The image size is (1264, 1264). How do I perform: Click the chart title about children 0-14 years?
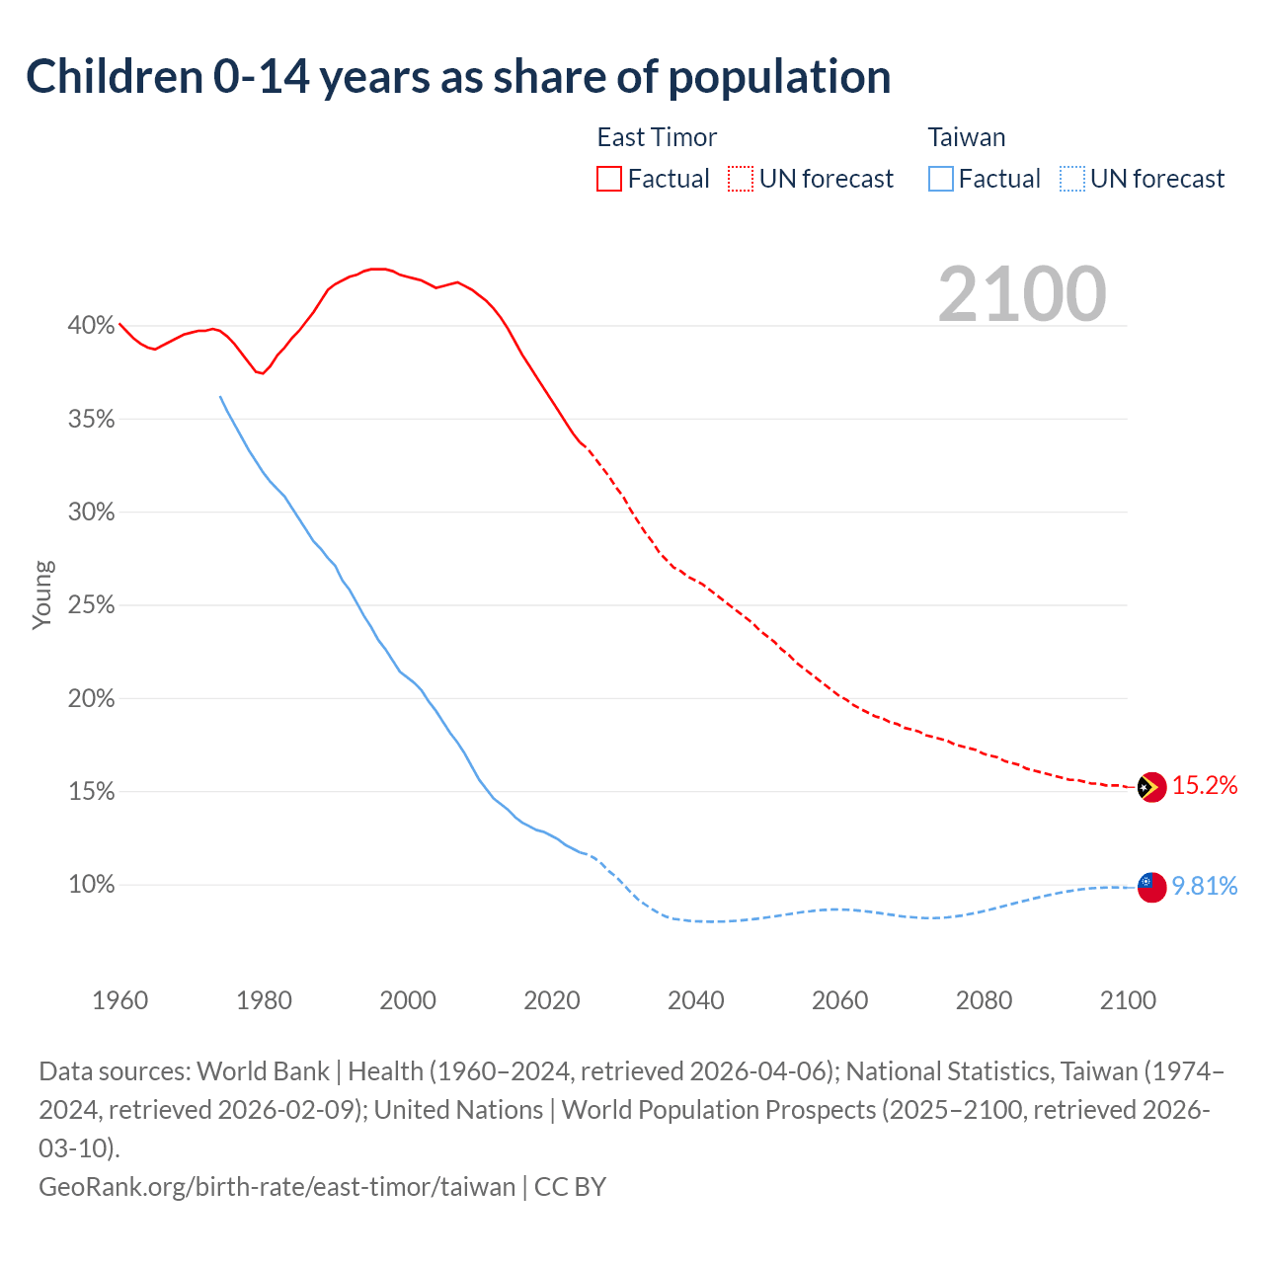point(458,77)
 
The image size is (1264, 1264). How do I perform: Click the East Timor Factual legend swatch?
point(609,179)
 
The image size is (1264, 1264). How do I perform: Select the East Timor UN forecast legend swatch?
point(741,179)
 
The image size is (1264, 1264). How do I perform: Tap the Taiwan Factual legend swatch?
point(941,179)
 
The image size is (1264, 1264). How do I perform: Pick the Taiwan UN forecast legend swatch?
point(1071,179)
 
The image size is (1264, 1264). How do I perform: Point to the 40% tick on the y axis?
point(91,325)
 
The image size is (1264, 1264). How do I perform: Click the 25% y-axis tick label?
point(91,604)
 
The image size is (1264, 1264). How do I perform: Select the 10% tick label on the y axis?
point(91,884)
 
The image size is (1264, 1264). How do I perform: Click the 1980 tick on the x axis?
point(264,1000)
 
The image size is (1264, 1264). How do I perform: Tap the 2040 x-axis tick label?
point(696,1000)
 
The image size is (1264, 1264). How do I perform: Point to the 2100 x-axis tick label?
point(1128,1000)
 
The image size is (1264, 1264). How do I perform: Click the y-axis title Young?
point(42,594)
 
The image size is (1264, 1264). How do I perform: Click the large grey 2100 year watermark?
point(1022,294)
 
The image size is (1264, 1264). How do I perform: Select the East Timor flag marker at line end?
point(1151,787)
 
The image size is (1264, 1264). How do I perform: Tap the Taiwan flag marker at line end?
point(1151,886)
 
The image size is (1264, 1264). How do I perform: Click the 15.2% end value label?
point(1205,786)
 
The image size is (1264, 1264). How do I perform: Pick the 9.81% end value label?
point(1205,886)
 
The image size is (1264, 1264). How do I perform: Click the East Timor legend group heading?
point(657,137)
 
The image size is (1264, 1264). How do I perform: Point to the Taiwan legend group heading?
point(967,137)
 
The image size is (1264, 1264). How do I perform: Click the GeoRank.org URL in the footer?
point(276,1186)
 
